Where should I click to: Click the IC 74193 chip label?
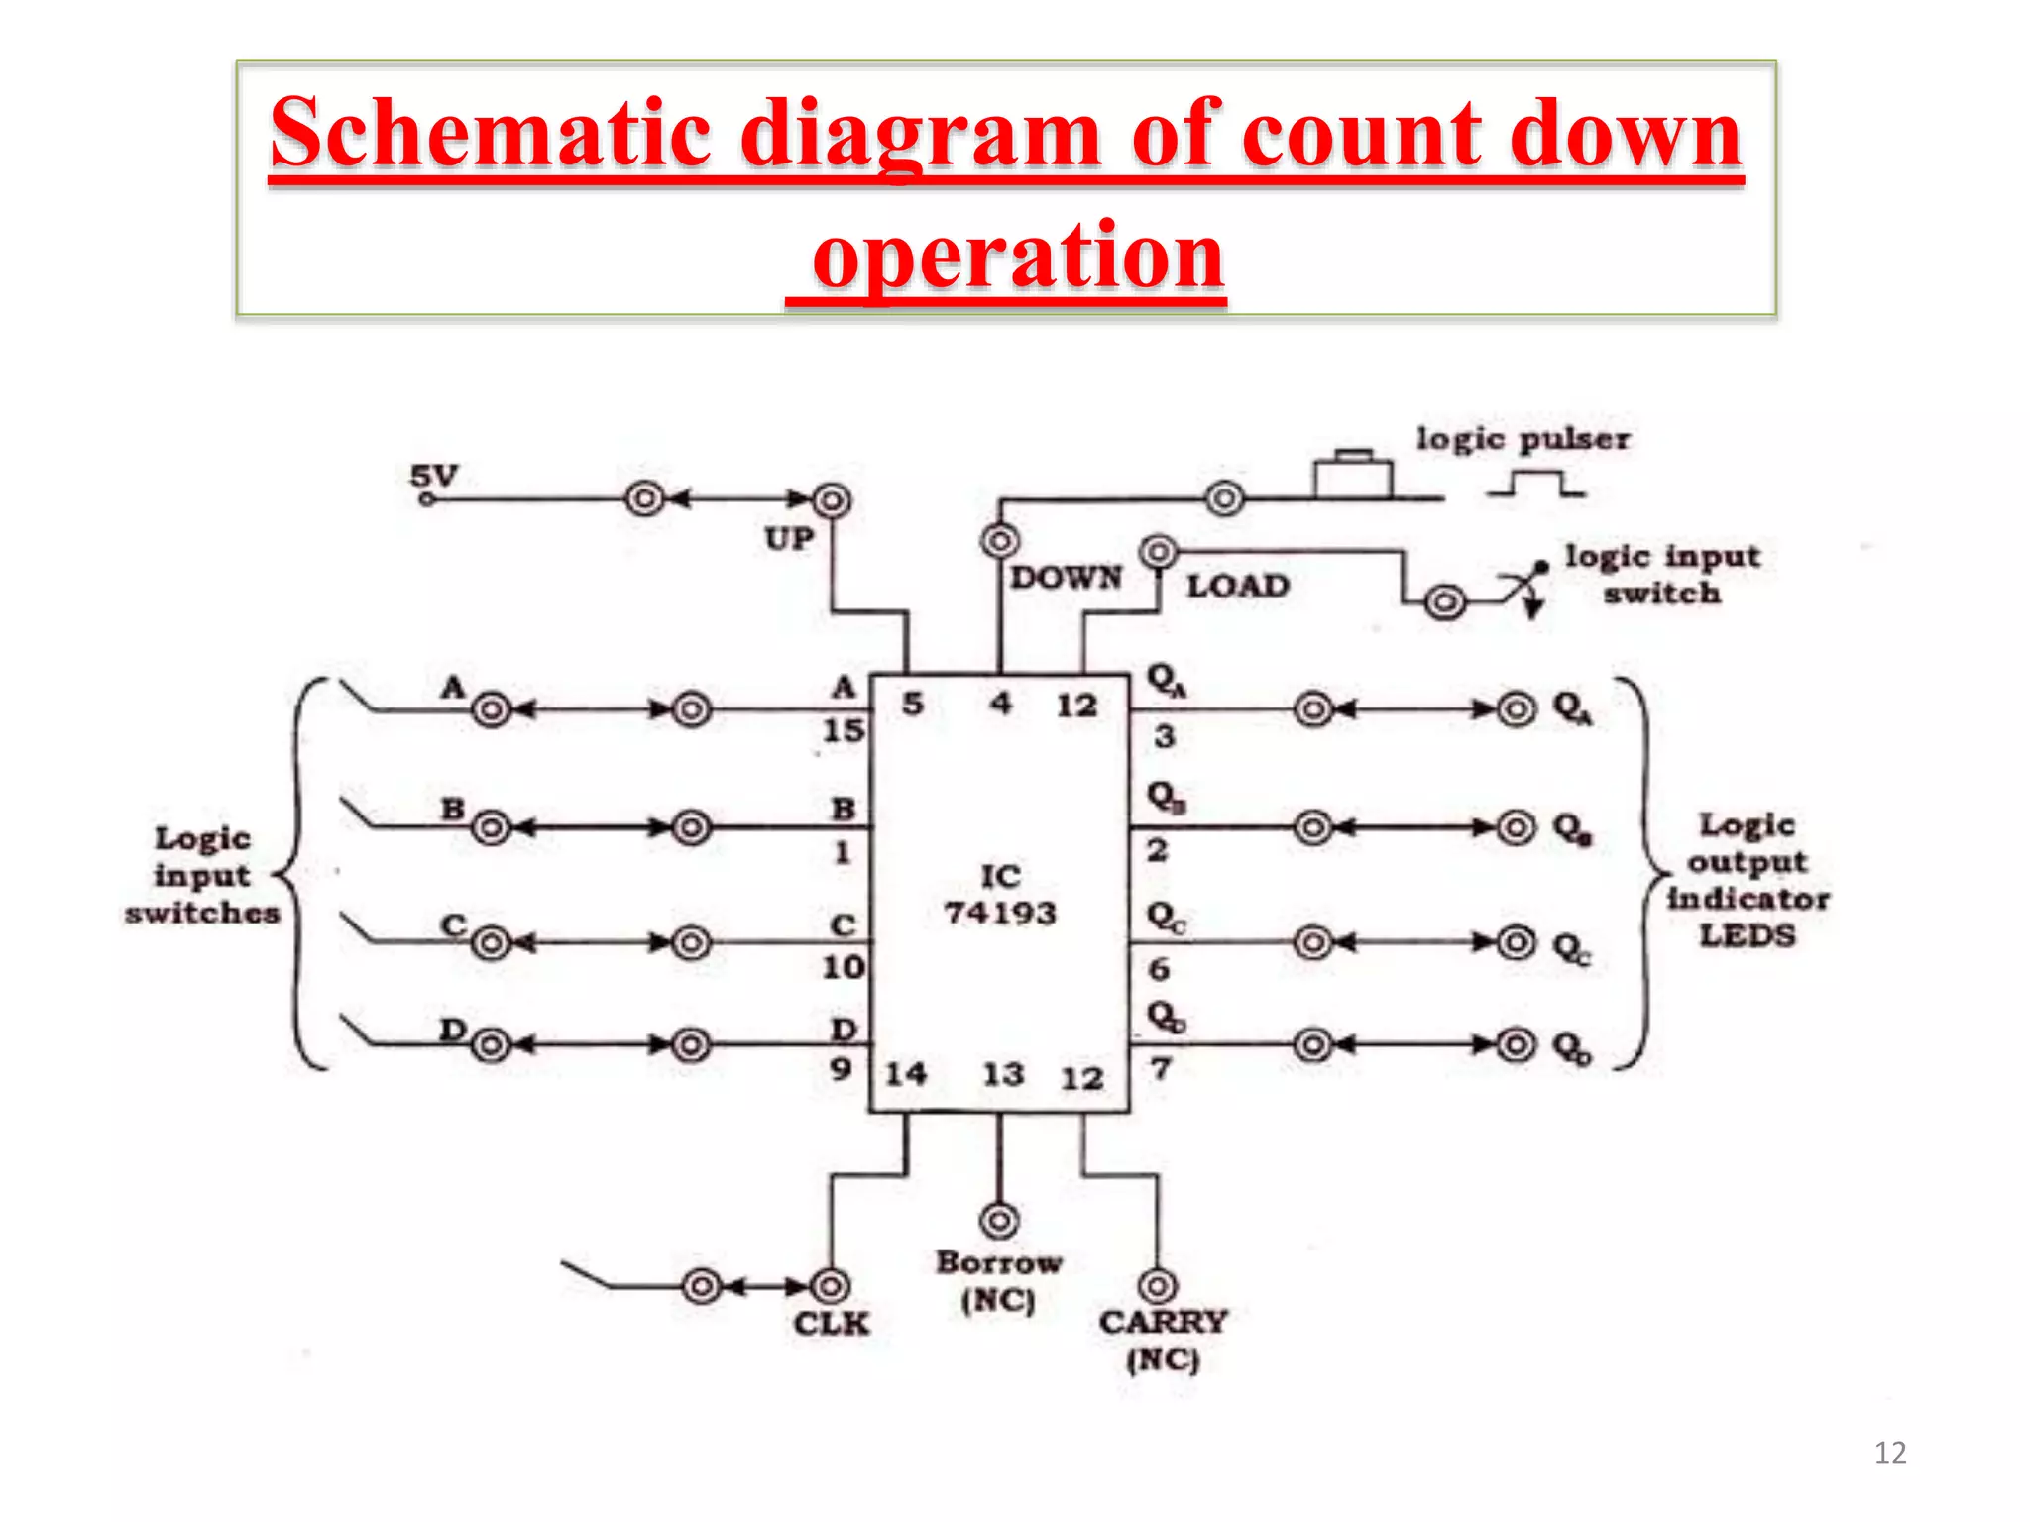click(x=999, y=894)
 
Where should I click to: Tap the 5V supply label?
click(x=434, y=476)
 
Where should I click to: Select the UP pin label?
click(x=789, y=539)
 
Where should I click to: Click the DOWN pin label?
click(x=1066, y=577)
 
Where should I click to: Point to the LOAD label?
click(x=1238, y=586)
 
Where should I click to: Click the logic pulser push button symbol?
click(x=1353, y=476)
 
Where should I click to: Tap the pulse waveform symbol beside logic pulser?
click(x=1535, y=485)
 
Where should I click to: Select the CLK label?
click(x=831, y=1324)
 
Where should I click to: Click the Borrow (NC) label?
click(x=998, y=1280)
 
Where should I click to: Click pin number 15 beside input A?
click(x=844, y=731)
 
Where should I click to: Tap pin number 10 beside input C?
click(x=844, y=967)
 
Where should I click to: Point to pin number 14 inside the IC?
click(x=905, y=1073)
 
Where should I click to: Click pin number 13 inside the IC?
click(x=1002, y=1074)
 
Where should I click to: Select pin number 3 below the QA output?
click(x=1164, y=736)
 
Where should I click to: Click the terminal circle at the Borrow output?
click(x=999, y=1220)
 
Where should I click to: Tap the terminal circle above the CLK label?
click(x=830, y=1286)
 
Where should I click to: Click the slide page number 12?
click(x=1889, y=1453)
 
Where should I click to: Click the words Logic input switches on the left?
click(x=202, y=876)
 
